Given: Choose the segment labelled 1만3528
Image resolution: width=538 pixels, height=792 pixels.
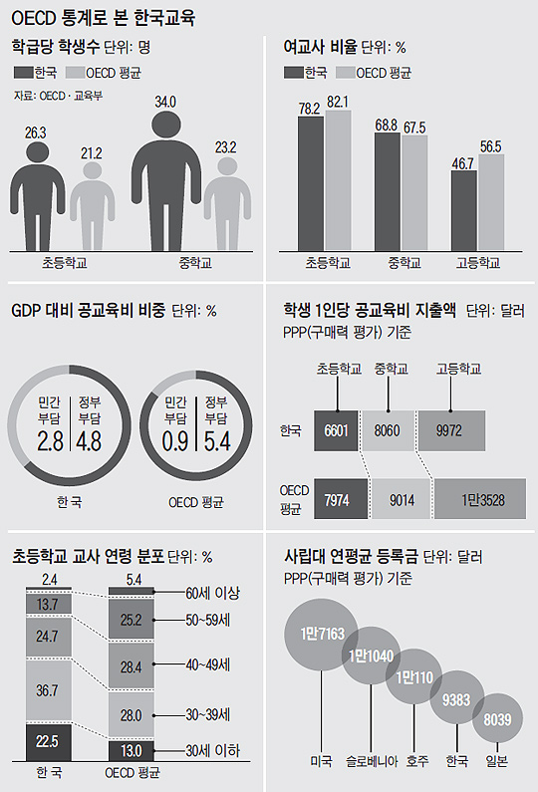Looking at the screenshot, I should pyautogui.click(x=481, y=499).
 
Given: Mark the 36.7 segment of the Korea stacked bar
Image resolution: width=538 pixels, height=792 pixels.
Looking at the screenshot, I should pyautogui.click(x=47, y=689).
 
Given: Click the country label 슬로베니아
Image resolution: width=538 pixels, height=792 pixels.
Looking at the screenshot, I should pyautogui.click(x=373, y=761).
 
